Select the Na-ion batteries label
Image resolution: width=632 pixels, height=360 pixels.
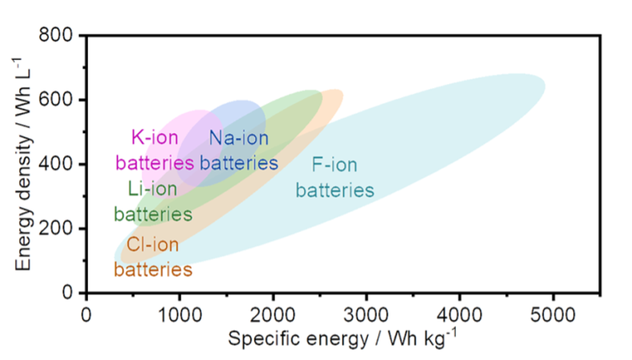(238, 150)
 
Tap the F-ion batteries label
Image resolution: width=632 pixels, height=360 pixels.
(335, 177)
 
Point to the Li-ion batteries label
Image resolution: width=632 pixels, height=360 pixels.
(152, 201)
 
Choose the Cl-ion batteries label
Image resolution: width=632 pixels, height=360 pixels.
(152, 257)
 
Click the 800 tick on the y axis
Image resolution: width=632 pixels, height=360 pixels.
(61, 35)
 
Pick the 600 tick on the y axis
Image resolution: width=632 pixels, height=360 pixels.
(61, 100)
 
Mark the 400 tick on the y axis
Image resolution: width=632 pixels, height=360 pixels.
(61, 164)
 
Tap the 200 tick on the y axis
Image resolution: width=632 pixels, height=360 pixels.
(61, 228)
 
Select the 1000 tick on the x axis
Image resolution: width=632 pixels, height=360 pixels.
(179, 313)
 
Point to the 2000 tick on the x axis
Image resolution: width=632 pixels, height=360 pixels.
(273, 313)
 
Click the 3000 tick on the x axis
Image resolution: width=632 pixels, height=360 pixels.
(366, 313)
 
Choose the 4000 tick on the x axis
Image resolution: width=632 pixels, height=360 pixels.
(460, 313)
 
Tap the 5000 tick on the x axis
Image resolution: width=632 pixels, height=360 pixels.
(553, 313)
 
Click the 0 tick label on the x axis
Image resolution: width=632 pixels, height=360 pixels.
(87, 313)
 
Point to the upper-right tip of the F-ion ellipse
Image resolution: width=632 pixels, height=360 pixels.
(542, 80)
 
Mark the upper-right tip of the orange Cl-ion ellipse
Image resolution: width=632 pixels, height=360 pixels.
(340, 93)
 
